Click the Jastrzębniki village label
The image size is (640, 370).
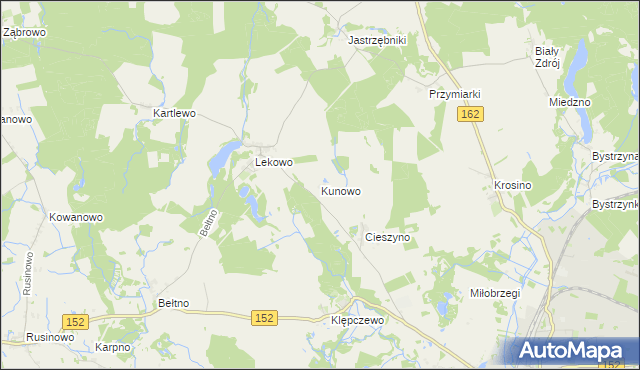click(x=376, y=40)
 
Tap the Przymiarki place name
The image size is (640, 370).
click(x=455, y=94)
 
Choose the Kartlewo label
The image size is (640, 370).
click(x=174, y=114)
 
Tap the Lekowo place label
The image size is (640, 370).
click(x=274, y=162)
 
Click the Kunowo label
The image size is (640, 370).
click(x=341, y=190)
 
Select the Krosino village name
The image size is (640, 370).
click(x=512, y=186)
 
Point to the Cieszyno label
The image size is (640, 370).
click(x=390, y=238)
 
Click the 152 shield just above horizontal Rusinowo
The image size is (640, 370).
click(x=76, y=321)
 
